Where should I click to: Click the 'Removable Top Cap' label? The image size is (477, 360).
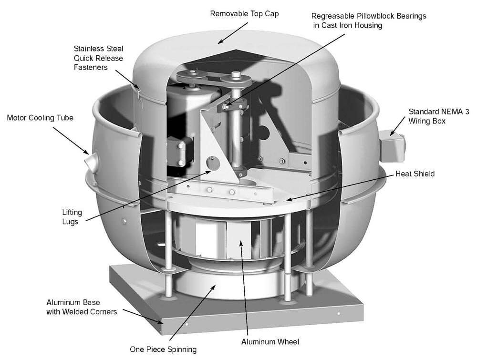[244, 14]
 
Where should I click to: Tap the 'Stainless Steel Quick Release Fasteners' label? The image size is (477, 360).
[98, 58]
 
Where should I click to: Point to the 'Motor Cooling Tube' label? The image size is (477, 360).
[40, 117]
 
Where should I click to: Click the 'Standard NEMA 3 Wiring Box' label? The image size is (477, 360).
[438, 116]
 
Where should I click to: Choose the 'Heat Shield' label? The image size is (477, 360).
[415, 174]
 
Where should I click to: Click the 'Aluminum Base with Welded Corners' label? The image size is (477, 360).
[81, 308]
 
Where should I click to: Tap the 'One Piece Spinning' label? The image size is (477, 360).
[163, 350]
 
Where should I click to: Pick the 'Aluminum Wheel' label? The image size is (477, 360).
[270, 342]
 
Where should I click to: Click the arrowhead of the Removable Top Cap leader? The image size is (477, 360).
[219, 42]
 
